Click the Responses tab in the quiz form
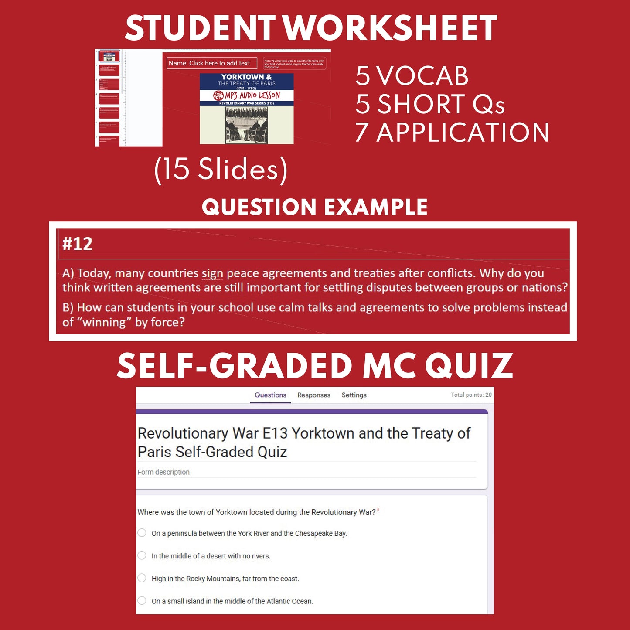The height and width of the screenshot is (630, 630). (313, 395)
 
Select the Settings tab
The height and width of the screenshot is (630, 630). (354, 395)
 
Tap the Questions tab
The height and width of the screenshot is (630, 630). (270, 395)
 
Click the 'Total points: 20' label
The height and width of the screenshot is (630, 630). (471, 395)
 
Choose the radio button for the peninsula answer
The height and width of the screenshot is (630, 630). (142, 533)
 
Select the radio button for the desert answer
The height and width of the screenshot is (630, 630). (142, 555)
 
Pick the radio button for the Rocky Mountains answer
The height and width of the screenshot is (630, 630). (142, 578)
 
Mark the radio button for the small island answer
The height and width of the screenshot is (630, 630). (142, 601)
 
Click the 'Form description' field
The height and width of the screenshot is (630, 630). (163, 472)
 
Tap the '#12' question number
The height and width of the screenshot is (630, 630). (77, 244)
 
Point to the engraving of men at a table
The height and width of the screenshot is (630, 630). (246, 125)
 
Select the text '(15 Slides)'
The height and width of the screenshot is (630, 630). (221, 169)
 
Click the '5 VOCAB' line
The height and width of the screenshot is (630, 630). (412, 76)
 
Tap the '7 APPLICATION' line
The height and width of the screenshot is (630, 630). (452, 132)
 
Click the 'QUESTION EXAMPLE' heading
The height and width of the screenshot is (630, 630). (314, 207)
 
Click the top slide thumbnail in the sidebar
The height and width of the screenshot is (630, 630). (109, 56)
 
